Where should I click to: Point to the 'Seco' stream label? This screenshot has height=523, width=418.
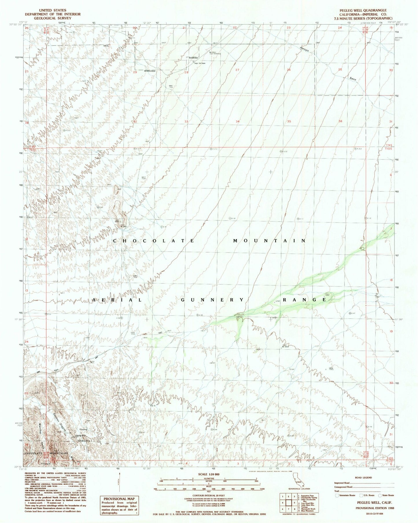352,79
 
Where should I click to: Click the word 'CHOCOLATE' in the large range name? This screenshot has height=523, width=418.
154,241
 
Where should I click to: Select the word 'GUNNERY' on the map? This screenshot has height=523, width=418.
212,300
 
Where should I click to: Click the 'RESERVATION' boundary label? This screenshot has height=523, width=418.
150,71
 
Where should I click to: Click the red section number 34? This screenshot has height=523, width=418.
237,121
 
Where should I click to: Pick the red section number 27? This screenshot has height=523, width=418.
237,70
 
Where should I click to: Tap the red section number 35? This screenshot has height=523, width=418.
289,121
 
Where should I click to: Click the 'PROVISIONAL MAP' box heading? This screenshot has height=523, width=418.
119,499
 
